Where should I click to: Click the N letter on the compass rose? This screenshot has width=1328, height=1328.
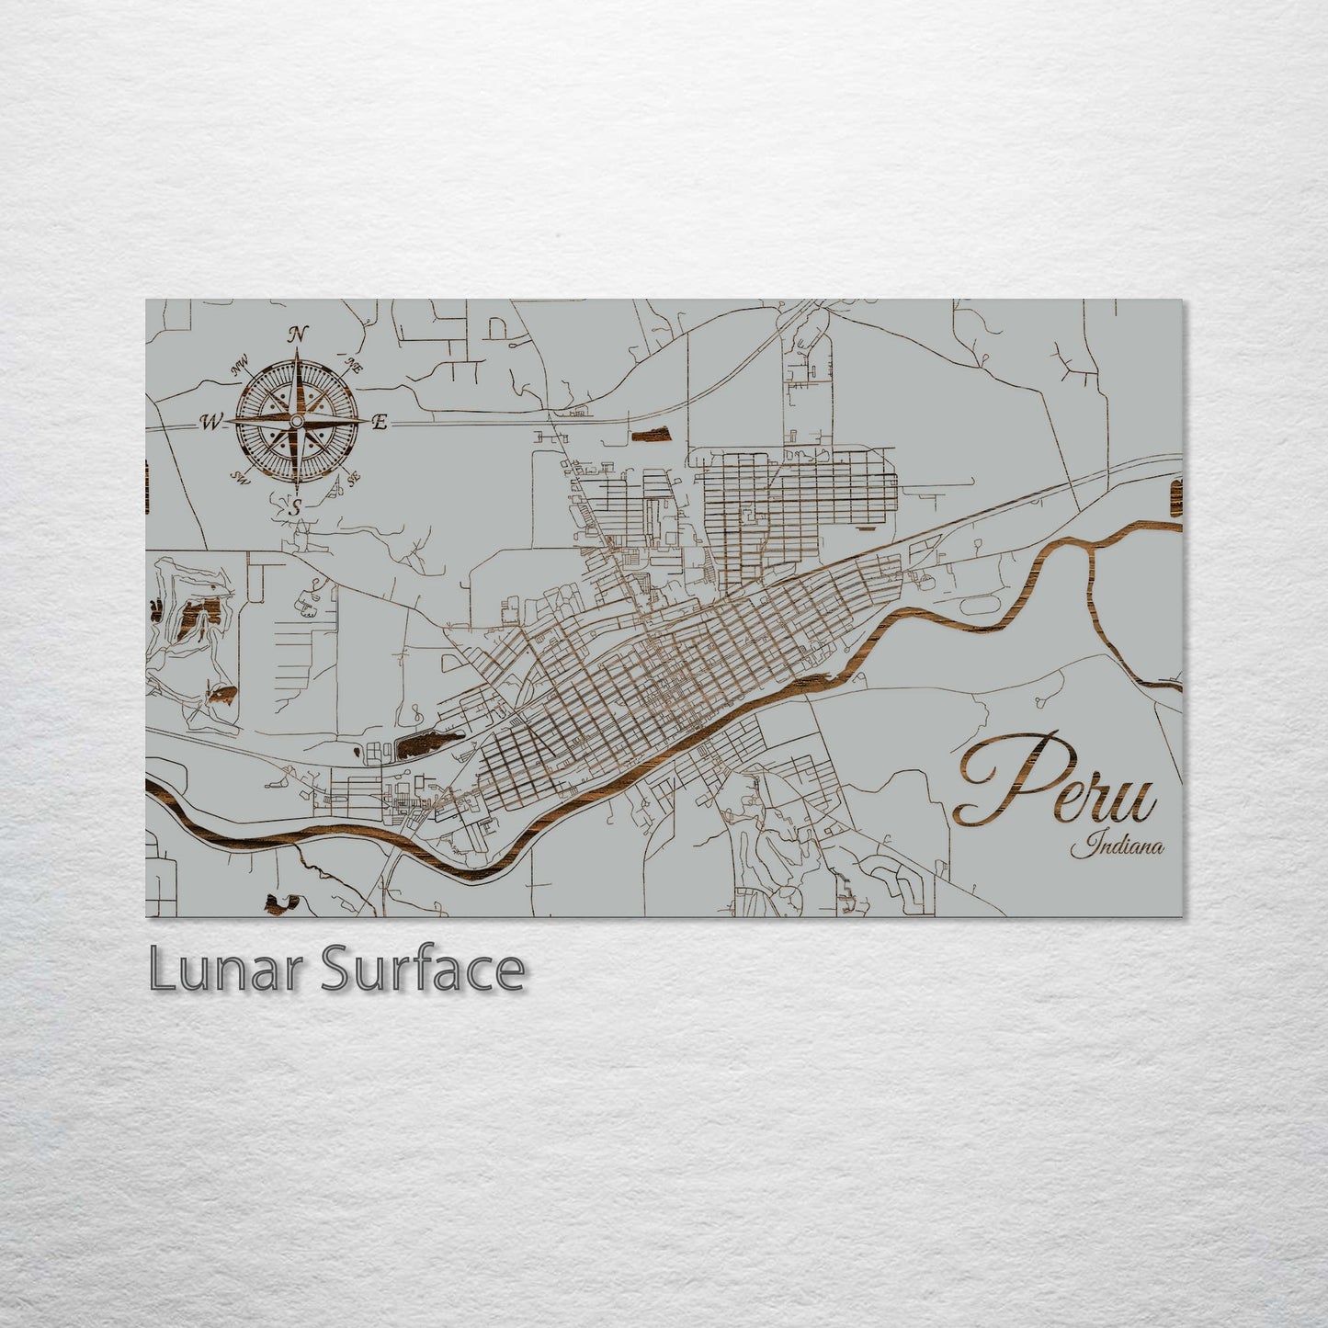[x=297, y=335]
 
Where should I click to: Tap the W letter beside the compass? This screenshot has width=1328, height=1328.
[x=210, y=423]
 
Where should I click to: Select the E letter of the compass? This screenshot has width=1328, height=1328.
[x=380, y=423]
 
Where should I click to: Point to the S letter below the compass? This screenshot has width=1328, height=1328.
[x=296, y=506]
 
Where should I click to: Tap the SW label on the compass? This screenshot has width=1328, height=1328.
[x=242, y=477]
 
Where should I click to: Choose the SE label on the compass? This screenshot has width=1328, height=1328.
[x=354, y=477]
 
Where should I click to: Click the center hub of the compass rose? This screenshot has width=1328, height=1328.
[x=296, y=421]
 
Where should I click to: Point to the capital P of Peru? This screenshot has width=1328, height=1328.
[x=1002, y=778]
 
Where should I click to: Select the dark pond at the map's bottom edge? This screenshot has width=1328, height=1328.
[x=280, y=904]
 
